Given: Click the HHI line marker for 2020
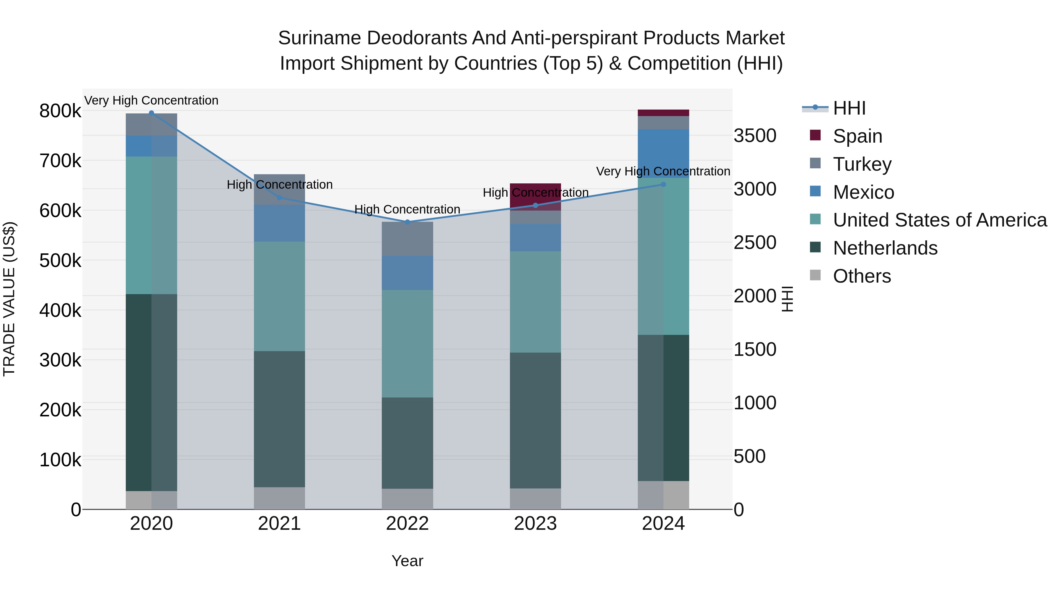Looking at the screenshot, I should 151,113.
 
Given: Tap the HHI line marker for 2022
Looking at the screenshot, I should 407,222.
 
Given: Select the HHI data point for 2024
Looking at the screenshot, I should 663,185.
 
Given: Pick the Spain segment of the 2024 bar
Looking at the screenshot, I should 663,113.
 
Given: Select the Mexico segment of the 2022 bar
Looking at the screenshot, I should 407,273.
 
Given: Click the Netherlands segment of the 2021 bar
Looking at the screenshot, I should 279,419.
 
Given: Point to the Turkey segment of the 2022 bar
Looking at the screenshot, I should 407,239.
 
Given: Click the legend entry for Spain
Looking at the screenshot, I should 857,136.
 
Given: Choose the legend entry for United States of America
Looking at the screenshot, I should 940,220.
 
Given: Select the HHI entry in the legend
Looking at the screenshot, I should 849,108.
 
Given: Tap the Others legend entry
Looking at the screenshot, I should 862,276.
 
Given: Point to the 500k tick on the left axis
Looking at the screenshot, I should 60,261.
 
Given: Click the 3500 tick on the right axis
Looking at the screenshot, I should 755,136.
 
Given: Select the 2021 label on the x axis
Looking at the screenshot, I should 279,524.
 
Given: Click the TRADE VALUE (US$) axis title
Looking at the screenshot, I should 9,299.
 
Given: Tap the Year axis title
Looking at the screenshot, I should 407,561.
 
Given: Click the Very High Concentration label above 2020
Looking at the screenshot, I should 151,100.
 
